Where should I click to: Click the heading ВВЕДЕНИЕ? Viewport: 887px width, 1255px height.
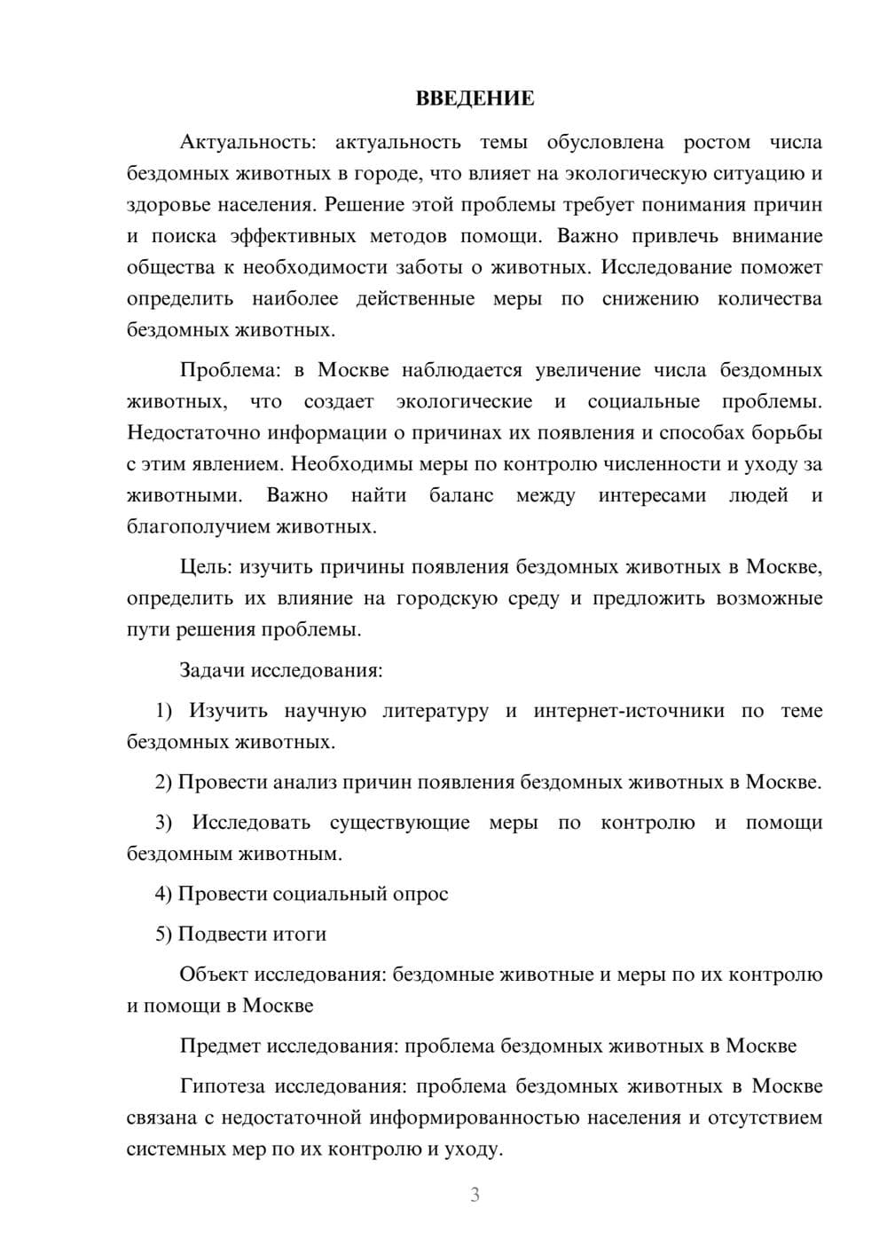(475, 99)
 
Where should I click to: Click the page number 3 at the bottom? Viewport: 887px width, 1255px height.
(475, 1195)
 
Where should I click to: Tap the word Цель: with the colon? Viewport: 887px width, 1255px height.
(207, 567)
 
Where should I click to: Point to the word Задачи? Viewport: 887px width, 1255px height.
(213, 670)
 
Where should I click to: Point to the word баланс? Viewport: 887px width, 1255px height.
(460, 495)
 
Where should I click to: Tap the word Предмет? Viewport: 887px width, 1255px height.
(218, 1046)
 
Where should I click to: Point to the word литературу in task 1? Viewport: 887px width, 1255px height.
(435, 711)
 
